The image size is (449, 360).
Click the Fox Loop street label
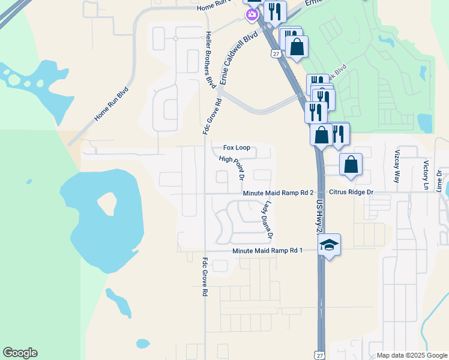[x=237, y=148]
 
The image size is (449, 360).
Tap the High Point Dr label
[x=232, y=168]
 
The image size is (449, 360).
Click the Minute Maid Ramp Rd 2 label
[x=278, y=193]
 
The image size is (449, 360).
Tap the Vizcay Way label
[x=397, y=166]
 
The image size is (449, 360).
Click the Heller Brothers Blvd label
[x=209, y=60]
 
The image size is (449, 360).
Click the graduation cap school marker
[x=328, y=244]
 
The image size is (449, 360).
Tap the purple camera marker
[x=252, y=14]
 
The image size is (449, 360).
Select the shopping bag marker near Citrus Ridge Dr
[x=351, y=164]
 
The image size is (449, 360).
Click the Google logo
[x=20, y=353]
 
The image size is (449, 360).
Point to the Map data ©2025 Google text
[x=412, y=355]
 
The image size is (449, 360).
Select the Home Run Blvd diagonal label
[x=111, y=106]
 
